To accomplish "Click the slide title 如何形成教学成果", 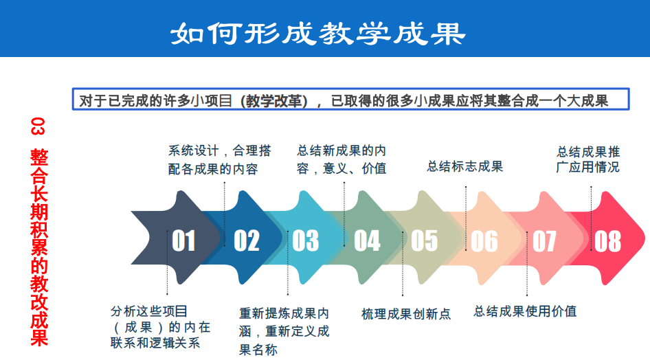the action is pyautogui.click(x=318, y=33).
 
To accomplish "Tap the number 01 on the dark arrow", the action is pyautogui.click(x=183, y=240).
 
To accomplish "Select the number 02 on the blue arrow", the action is pyautogui.click(x=247, y=240).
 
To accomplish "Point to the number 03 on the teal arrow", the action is pyautogui.click(x=306, y=240).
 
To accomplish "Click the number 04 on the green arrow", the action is pyautogui.click(x=368, y=240).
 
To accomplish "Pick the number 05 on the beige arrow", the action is pyautogui.click(x=425, y=240).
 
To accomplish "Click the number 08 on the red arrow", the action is pyautogui.click(x=607, y=241).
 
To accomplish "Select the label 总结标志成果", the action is pyautogui.click(x=465, y=166).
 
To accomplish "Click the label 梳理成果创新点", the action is pyautogui.click(x=406, y=314).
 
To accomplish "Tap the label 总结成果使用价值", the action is pyautogui.click(x=525, y=311).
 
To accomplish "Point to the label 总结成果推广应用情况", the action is pyautogui.click(x=588, y=159).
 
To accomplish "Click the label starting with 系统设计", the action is pyautogui.click(x=219, y=159).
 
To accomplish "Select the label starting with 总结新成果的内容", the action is pyautogui.click(x=341, y=159).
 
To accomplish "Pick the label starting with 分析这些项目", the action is pyautogui.click(x=160, y=327).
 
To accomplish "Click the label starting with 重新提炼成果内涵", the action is pyautogui.click(x=284, y=331).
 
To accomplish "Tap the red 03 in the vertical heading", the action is pyautogui.click(x=37, y=126).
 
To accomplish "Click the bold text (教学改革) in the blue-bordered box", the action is pyautogui.click(x=274, y=101).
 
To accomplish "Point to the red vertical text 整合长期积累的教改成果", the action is pyautogui.click(x=39, y=247).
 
